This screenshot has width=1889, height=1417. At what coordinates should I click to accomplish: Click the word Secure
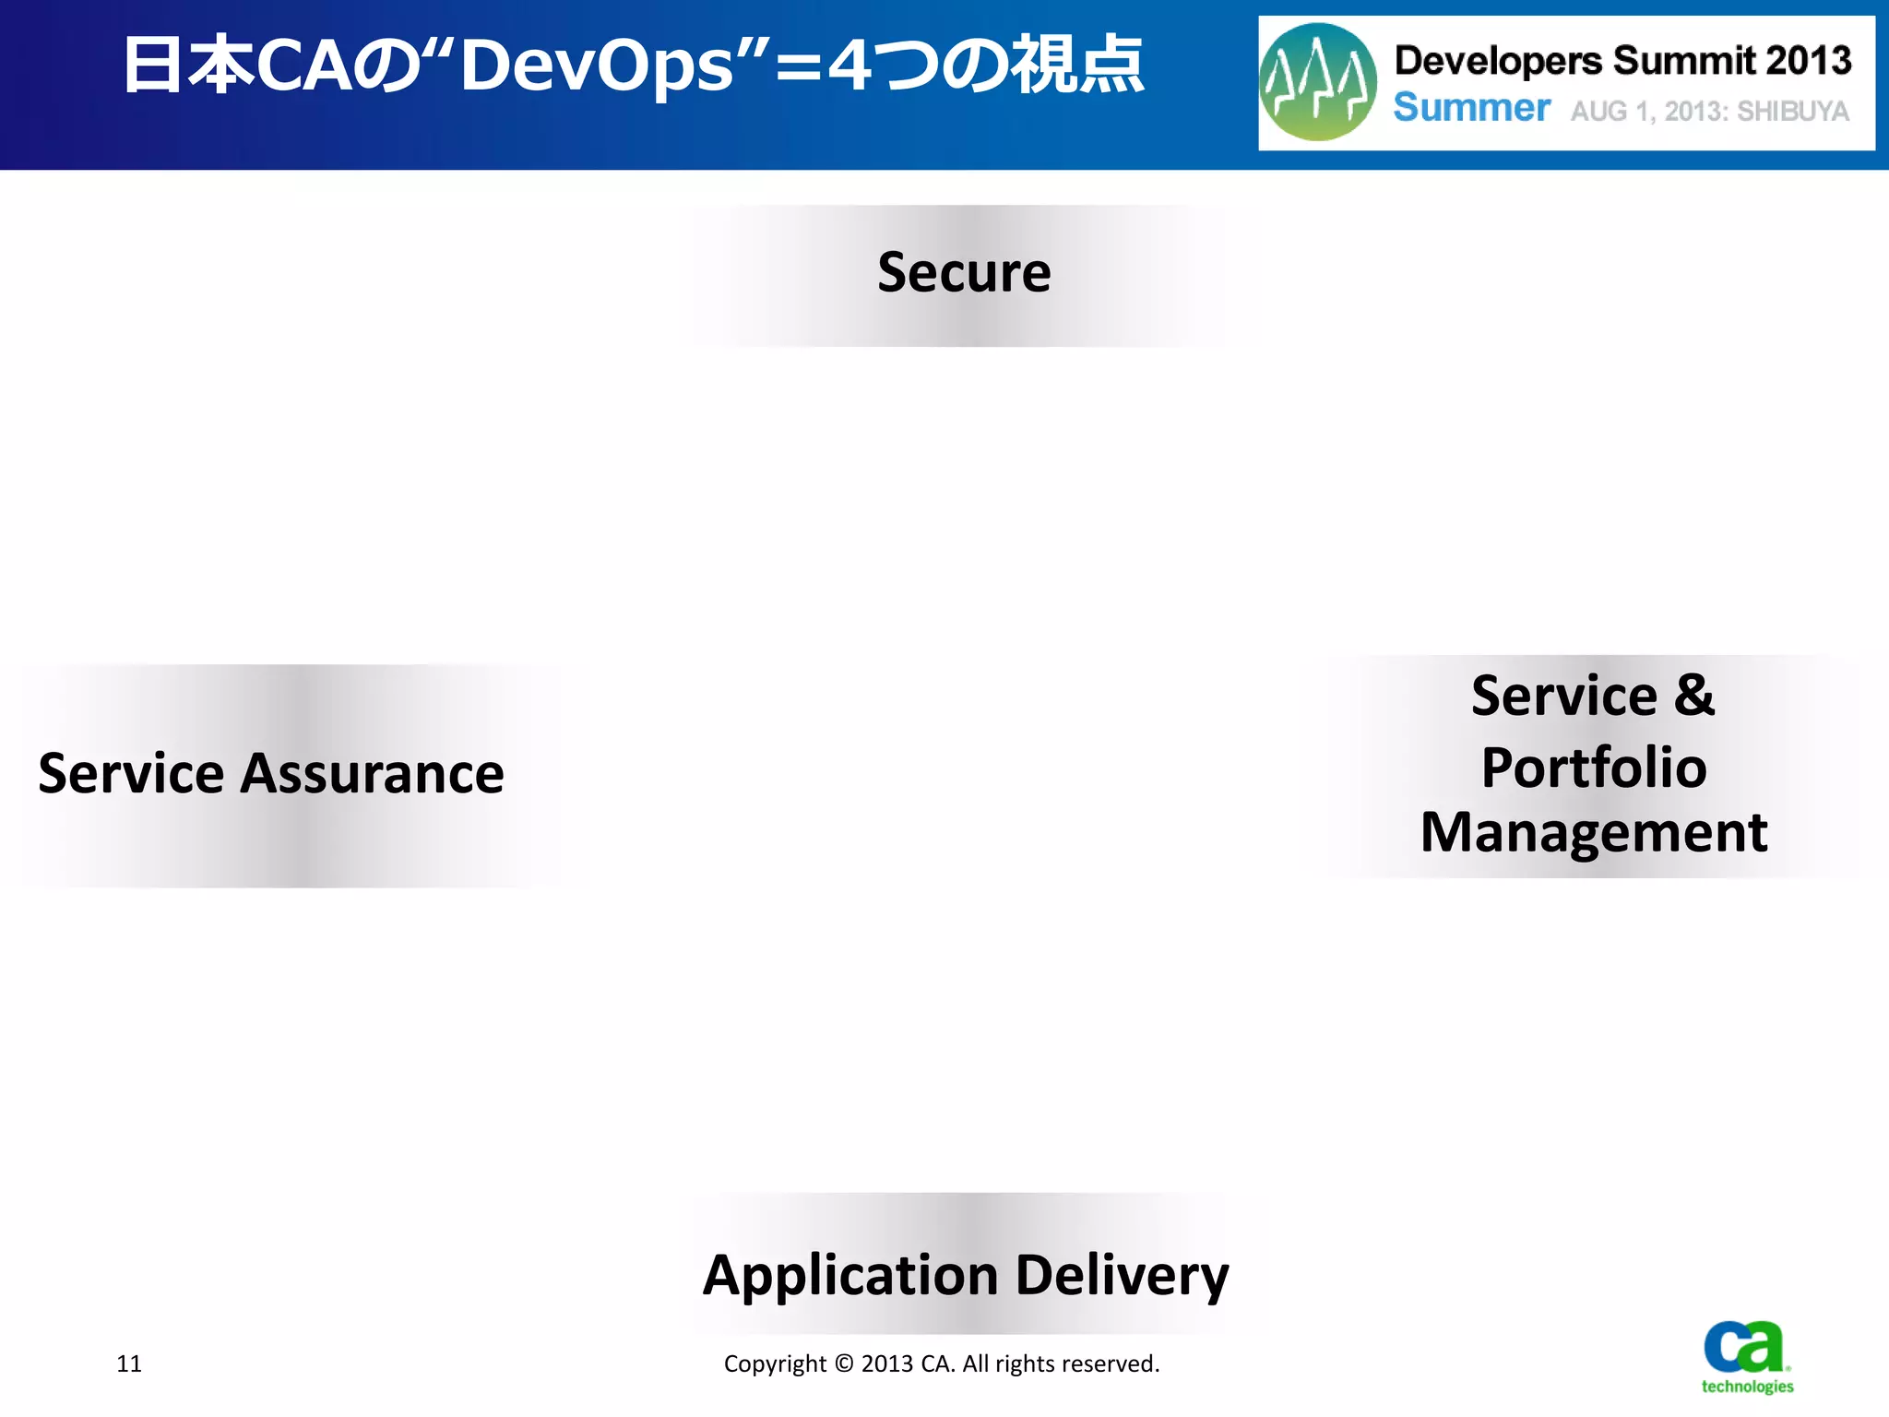click(963, 273)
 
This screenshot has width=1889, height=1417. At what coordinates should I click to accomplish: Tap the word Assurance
click(372, 773)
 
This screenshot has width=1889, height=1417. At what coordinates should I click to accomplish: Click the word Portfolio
click(1593, 768)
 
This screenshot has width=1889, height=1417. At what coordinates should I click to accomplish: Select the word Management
click(1593, 833)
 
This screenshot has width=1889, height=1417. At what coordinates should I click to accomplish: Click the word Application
click(849, 1276)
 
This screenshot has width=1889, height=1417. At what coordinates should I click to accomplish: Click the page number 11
click(129, 1363)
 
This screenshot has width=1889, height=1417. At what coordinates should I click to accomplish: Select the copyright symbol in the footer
click(844, 1363)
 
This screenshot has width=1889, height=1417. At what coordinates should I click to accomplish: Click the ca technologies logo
click(1746, 1356)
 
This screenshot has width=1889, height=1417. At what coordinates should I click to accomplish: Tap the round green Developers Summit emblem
click(1317, 83)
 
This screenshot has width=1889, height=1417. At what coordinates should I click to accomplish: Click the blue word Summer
click(1471, 108)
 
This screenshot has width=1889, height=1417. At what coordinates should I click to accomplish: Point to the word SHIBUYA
click(1792, 112)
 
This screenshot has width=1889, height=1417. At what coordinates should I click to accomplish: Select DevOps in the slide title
click(597, 66)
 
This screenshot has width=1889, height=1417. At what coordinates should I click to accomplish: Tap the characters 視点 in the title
click(1077, 66)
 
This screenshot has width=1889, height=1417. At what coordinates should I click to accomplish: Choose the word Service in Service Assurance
click(131, 773)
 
